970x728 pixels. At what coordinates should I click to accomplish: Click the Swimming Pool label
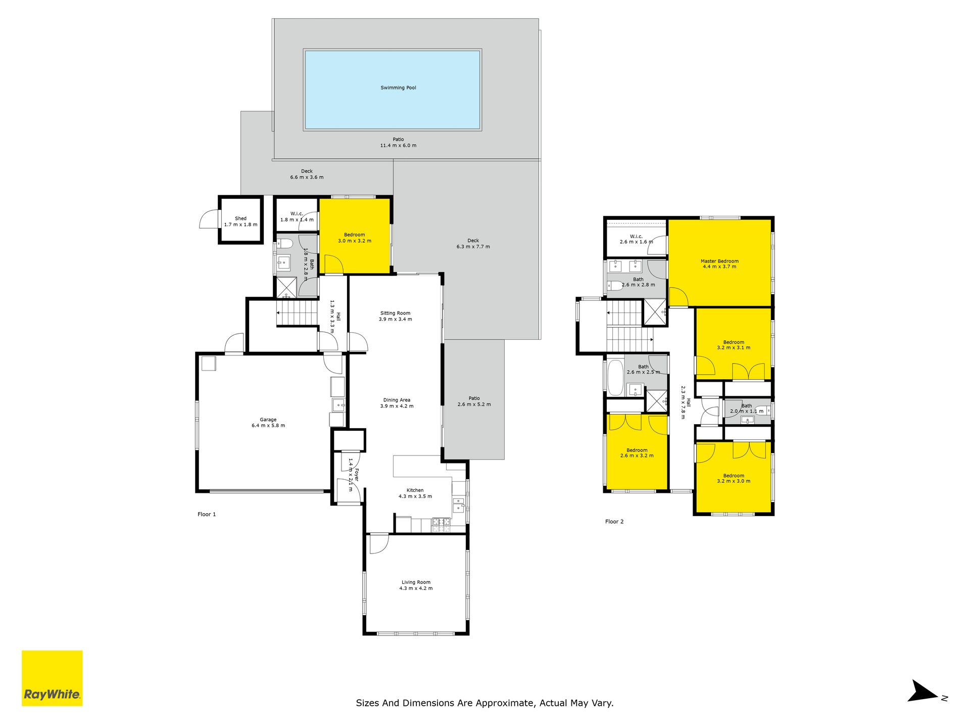tap(398, 88)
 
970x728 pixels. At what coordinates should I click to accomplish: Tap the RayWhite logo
tap(52, 678)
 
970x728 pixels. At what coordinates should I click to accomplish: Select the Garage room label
tap(268, 420)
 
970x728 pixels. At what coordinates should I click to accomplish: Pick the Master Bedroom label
tap(719, 261)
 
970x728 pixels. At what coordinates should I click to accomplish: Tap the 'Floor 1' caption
tap(207, 514)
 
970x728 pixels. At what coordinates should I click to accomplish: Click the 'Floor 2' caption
tap(614, 521)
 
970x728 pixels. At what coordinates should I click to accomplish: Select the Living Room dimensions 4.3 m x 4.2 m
tap(416, 588)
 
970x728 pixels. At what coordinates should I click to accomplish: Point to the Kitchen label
tap(415, 490)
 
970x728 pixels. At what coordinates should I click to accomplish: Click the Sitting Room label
tap(395, 313)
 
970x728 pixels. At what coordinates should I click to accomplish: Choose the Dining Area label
tap(397, 400)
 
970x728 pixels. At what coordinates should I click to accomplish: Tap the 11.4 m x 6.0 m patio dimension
tap(398, 146)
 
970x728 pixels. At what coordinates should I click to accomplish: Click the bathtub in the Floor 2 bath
tap(615, 377)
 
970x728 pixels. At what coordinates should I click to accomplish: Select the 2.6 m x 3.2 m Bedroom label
tap(637, 453)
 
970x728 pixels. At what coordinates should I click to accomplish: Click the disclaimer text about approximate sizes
tap(484, 703)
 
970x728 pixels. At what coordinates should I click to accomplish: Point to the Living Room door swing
tap(379, 544)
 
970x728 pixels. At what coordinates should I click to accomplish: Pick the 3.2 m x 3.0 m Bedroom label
tap(734, 478)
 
